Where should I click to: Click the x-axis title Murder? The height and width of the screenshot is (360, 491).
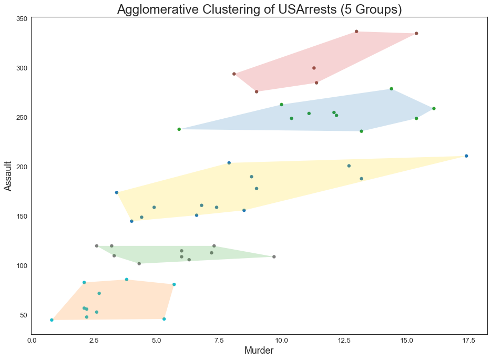pyautogui.click(x=259, y=351)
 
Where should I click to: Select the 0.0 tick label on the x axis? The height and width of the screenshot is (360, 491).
pyautogui.click(x=32, y=341)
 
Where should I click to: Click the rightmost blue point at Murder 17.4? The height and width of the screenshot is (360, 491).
pyautogui.click(x=466, y=156)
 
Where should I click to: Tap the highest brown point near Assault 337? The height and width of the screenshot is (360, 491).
pyautogui.click(x=356, y=32)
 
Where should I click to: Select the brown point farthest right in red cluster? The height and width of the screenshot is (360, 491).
pyautogui.click(x=416, y=34)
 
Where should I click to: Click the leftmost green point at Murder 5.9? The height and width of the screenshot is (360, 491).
pyautogui.click(x=179, y=129)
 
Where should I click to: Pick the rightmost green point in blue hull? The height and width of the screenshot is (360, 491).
pyautogui.click(x=434, y=109)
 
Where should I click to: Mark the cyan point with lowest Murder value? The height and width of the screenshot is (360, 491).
pyautogui.click(x=52, y=320)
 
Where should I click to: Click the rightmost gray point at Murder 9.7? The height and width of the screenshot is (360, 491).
pyautogui.click(x=274, y=257)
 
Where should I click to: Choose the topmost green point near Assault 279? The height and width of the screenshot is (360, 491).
pyautogui.click(x=391, y=89)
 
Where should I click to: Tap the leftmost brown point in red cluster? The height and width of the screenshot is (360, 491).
pyautogui.click(x=234, y=74)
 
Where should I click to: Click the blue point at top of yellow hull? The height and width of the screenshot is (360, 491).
pyautogui.click(x=229, y=163)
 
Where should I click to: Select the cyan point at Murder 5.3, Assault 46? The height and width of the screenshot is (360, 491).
pyautogui.click(x=164, y=319)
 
